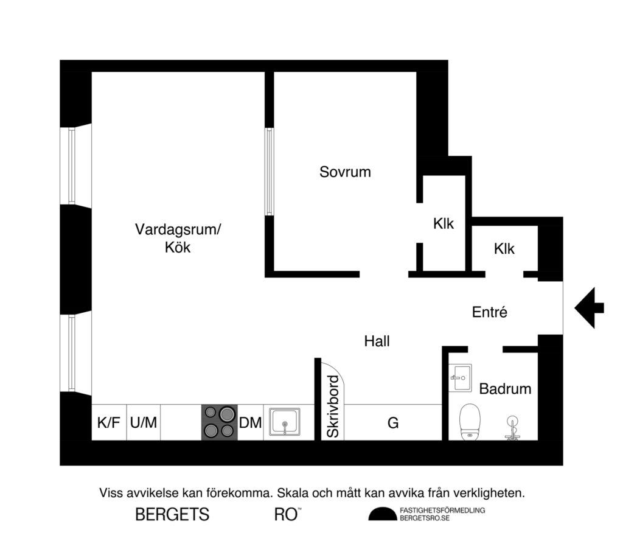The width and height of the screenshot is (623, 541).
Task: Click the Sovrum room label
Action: [x=345, y=172]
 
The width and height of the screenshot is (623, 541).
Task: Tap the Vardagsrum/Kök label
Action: [x=178, y=239]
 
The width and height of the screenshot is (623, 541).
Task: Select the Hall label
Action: [x=377, y=341]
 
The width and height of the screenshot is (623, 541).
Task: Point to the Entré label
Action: [x=490, y=312]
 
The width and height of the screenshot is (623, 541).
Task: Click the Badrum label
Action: [x=505, y=389]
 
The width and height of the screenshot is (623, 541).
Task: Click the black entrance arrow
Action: [x=589, y=308]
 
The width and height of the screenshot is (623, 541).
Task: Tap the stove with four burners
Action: [x=219, y=422]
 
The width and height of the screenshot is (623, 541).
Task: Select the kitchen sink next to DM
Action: [x=284, y=422]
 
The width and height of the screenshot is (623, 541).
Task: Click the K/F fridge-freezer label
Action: [x=109, y=422]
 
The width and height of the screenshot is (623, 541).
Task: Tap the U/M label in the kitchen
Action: [x=144, y=422]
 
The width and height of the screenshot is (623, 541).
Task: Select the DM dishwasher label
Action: [x=250, y=422]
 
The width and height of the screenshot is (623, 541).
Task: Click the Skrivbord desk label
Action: [x=332, y=407]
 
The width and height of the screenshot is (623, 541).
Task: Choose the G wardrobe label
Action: [x=393, y=422]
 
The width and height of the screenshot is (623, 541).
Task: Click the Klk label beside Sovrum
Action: [x=444, y=224]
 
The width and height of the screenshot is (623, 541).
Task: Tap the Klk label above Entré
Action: [x=504, y=249]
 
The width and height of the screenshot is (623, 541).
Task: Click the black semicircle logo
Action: [x=381, y=514]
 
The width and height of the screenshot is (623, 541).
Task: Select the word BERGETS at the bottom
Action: [x=172, y=515]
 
